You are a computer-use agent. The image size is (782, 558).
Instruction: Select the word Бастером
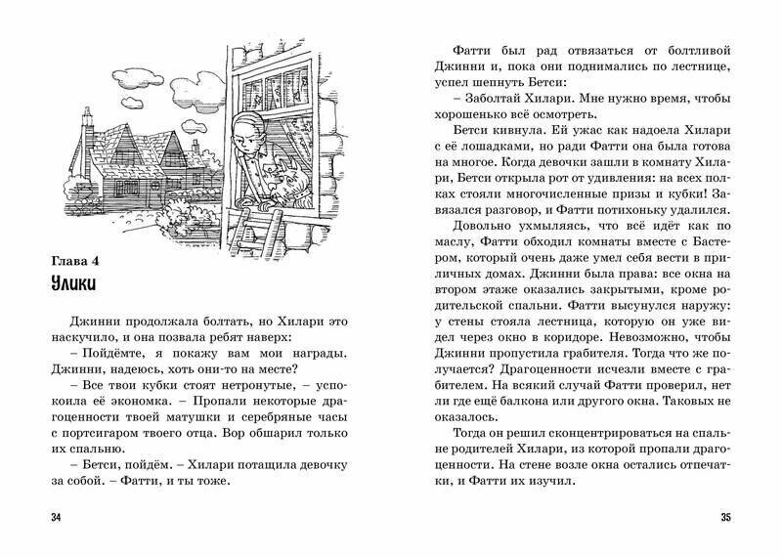coord(692,268)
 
